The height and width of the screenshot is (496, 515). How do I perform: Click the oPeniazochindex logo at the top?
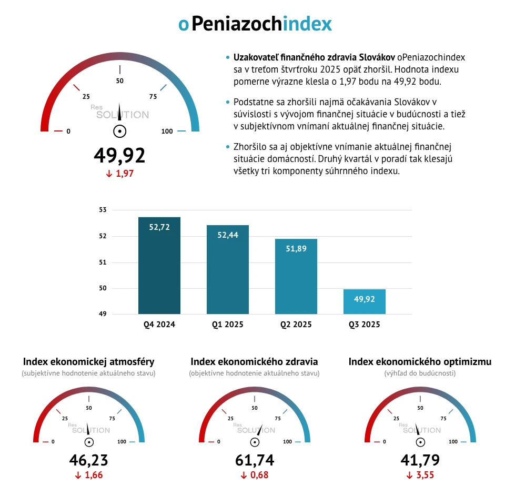pos(255,24)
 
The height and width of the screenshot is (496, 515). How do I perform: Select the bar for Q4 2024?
pos(159,266)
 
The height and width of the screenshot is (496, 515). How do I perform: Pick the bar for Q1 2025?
pos(228,269)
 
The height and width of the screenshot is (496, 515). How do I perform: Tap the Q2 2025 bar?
pos(296,276)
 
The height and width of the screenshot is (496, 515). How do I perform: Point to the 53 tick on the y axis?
pos(102,210)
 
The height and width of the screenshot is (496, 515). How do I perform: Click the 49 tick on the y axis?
pos(102,315)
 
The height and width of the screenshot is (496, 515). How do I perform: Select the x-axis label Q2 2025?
pos(296,325)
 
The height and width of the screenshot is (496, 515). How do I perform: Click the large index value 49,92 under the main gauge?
pos(119,155)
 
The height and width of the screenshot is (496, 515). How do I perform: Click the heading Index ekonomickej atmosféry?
pos(88,362)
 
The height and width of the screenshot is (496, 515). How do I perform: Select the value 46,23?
pos(88,460)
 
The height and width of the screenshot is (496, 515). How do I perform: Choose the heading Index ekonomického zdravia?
pos(254,362)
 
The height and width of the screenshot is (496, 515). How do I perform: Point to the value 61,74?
pos(255,460)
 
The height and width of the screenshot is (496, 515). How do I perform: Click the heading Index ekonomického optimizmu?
pos(420,362)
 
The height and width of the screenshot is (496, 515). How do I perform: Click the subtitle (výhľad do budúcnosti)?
pos(420,373)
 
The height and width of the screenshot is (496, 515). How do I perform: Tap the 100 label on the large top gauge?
pos(167,131)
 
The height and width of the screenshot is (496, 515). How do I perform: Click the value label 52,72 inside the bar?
pos(159,228)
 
